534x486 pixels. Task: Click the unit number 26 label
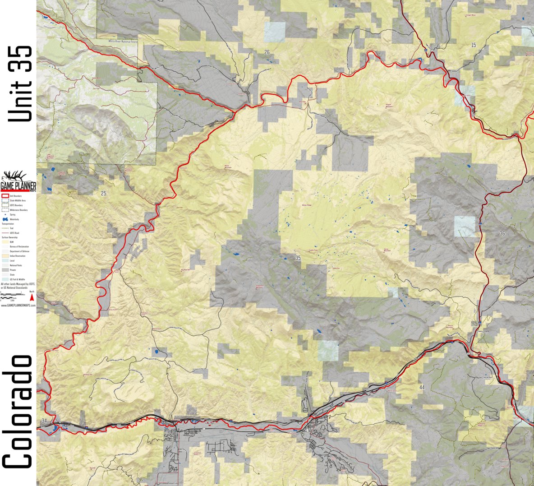[x=267, y=52]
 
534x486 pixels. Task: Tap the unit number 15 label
[x=473, y=45]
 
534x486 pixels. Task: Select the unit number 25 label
[x=104, y=194]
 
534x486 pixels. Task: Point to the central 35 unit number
[x=298, y=258]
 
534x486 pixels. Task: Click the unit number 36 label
[x=502, y=233]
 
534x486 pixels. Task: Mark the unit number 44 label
[x=422, y=388]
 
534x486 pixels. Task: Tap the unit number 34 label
[x=44, y=421]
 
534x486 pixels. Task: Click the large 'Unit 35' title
[x=20, y=84]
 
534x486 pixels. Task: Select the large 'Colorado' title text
[x=18, y=412]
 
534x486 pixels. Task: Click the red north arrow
[x=32, y=296]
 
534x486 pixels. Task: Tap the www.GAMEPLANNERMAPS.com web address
[x=18, y=305]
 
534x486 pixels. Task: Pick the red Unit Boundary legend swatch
[x=5, y=196]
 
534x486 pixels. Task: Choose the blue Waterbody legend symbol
[x=5, y=219]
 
